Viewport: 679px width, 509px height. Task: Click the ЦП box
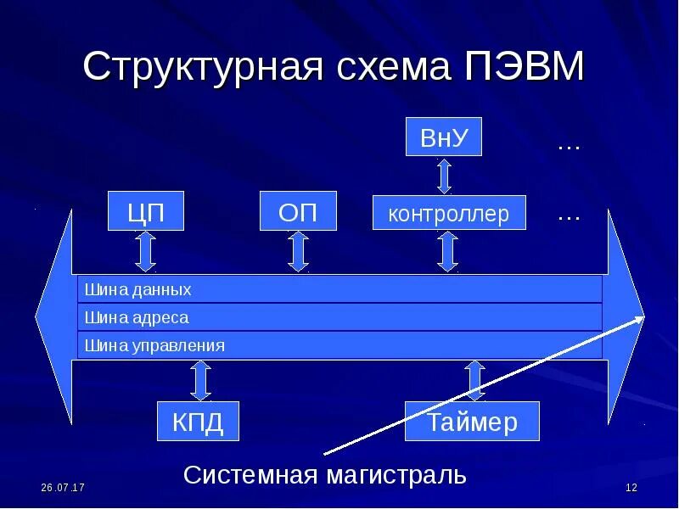(x=145, y=211)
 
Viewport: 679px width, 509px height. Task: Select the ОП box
(x=298, y=211)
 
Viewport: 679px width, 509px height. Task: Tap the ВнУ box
(x=444, y=137)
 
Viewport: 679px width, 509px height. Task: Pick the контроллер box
(x=449, y=213)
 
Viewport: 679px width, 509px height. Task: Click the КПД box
(x=199, y=422)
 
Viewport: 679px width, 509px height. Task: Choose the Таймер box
(x=472, y=422)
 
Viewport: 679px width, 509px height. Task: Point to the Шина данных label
(x=137, y=289)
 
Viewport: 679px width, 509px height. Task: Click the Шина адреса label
(x=137, y=317)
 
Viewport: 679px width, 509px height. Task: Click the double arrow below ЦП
(x=145, y=251)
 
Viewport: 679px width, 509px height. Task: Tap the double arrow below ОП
(x=298, y=251)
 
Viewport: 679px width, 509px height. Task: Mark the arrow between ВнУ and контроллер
(x=444, y=176)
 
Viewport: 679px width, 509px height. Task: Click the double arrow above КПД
(x=200, y=380)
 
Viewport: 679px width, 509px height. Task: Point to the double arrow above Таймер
(x=474, y=380)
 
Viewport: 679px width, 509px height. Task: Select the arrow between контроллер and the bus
(x=448, y=251)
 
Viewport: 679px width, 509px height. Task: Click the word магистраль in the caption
(x=396, y=473)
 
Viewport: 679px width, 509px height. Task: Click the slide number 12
(x=631, y=488)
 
